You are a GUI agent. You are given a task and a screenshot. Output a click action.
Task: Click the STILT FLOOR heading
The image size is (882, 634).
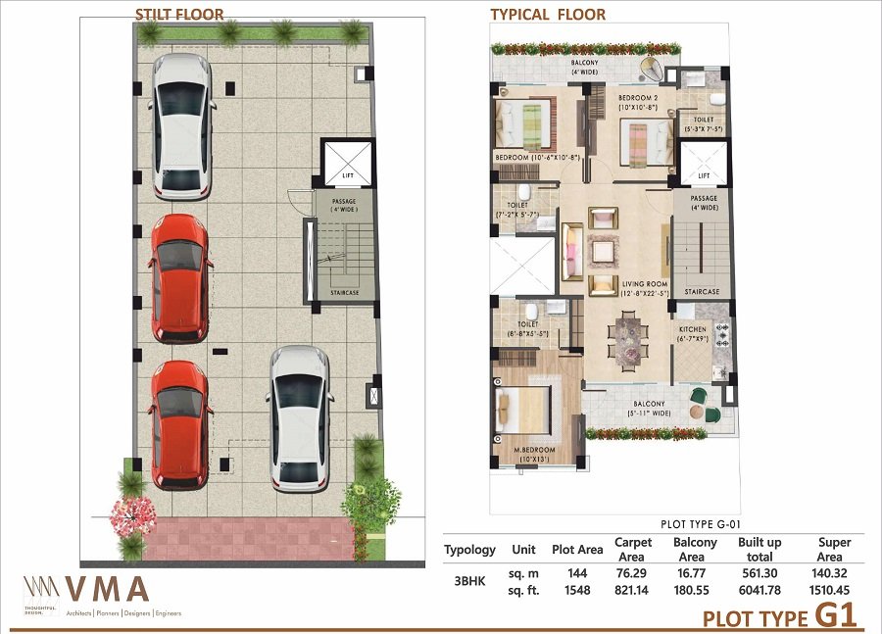click(179, 14)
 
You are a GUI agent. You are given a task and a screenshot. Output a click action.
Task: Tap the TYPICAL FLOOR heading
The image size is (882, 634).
click(548, 14)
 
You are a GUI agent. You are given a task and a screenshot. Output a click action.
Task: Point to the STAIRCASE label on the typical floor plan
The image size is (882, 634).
click(703, 292)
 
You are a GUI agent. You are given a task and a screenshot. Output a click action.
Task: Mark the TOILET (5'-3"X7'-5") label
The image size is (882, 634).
click(704, 122)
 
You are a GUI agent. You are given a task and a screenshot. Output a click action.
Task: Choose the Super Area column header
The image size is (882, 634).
click(834, 549)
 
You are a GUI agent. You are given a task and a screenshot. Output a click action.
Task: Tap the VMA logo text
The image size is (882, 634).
click(108, 590)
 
